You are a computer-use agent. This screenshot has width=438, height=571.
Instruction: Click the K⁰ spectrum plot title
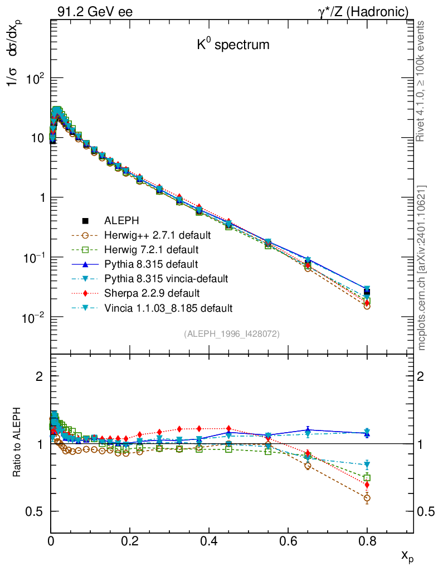coord(233,45)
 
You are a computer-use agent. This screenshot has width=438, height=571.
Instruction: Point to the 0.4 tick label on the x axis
coord(209,540)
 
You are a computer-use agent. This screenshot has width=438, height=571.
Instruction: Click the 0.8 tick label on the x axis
coord(367,540)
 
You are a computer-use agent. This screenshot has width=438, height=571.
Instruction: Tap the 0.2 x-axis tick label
coord(130,540)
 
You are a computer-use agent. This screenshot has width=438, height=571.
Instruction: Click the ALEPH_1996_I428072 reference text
coord(231,333)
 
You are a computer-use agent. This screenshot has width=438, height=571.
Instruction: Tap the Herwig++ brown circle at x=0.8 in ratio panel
coord(367,498)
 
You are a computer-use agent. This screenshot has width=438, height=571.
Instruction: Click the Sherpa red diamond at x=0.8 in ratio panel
coord(367,485)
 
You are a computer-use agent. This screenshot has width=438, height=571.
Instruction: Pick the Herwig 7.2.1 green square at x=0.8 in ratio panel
coord(367,478)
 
